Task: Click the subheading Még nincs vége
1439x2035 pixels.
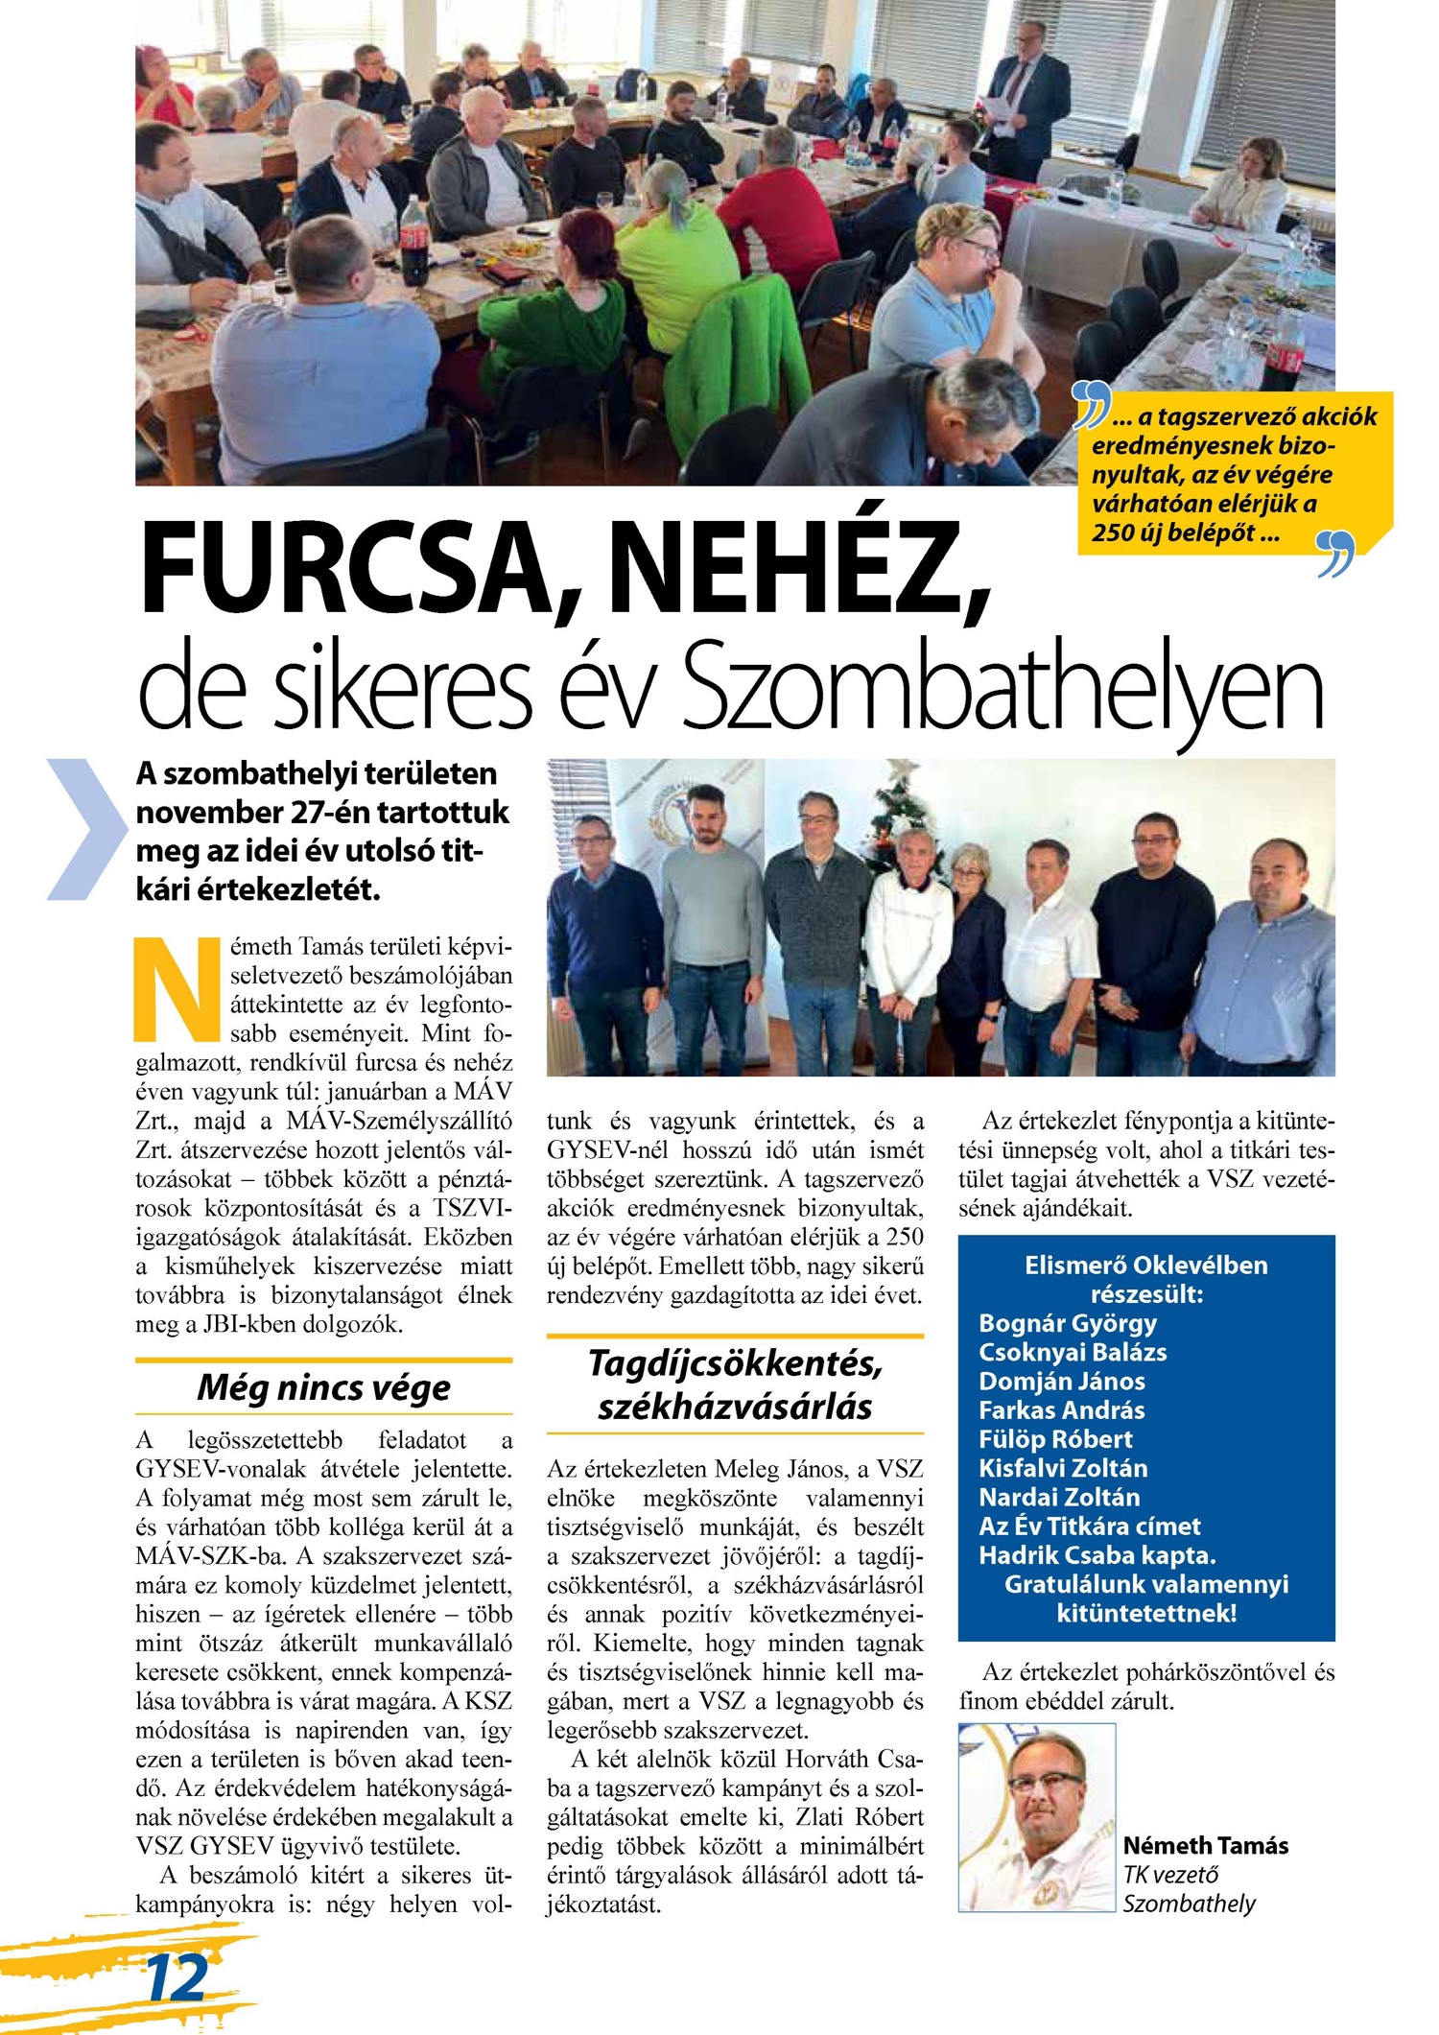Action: tap(323, 1387)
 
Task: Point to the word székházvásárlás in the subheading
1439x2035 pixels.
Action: tap(735, 1407)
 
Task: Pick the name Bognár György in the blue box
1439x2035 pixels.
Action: tap(1068, 1323)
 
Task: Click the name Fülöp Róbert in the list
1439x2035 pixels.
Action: tap(1055, 1439)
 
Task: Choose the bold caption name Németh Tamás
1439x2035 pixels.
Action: tap(1206, 1845)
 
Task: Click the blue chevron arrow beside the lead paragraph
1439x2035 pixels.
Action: tap(85, 829)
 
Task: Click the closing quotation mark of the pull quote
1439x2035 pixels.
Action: tap(1336, 554)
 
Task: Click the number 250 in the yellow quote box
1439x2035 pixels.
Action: tap(1113, 533)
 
